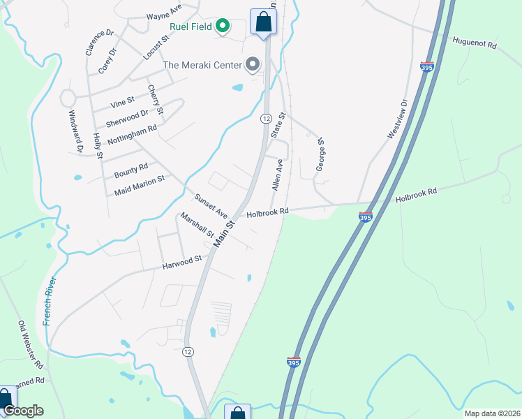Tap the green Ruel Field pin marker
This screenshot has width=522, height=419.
coord(223,27)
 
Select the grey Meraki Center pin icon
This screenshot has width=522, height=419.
coord(253,66)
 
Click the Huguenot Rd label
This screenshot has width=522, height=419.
coord(474,43)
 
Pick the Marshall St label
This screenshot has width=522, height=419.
coord(197,225)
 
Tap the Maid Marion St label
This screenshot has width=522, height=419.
coord(140,184)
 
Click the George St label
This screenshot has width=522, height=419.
coord(321,154)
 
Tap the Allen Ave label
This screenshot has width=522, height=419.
coord(277,175)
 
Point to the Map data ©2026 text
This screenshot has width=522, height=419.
coord(492,413)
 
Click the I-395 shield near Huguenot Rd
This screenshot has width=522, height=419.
coord(427,67)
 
